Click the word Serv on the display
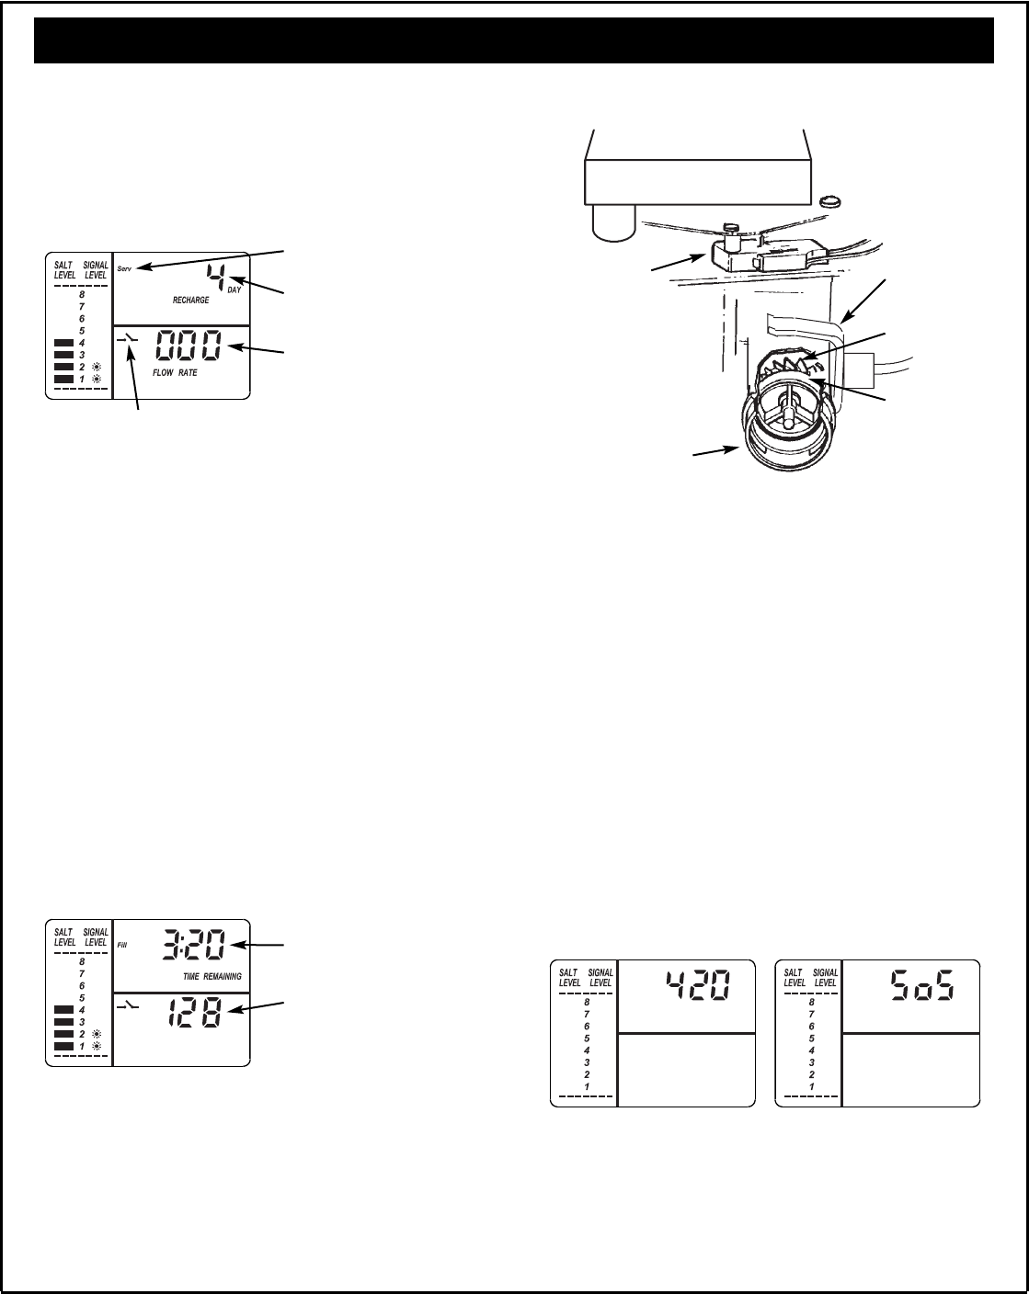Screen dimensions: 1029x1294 (124, 268)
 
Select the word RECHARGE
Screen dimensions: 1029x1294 (190, 300)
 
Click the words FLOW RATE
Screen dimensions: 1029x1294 (175, 373)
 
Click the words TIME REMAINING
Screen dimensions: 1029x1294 (212, 977)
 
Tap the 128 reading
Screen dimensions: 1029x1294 (194, 1013)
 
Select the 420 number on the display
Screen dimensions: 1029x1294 (698, 986)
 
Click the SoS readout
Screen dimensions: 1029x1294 (922, 986)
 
